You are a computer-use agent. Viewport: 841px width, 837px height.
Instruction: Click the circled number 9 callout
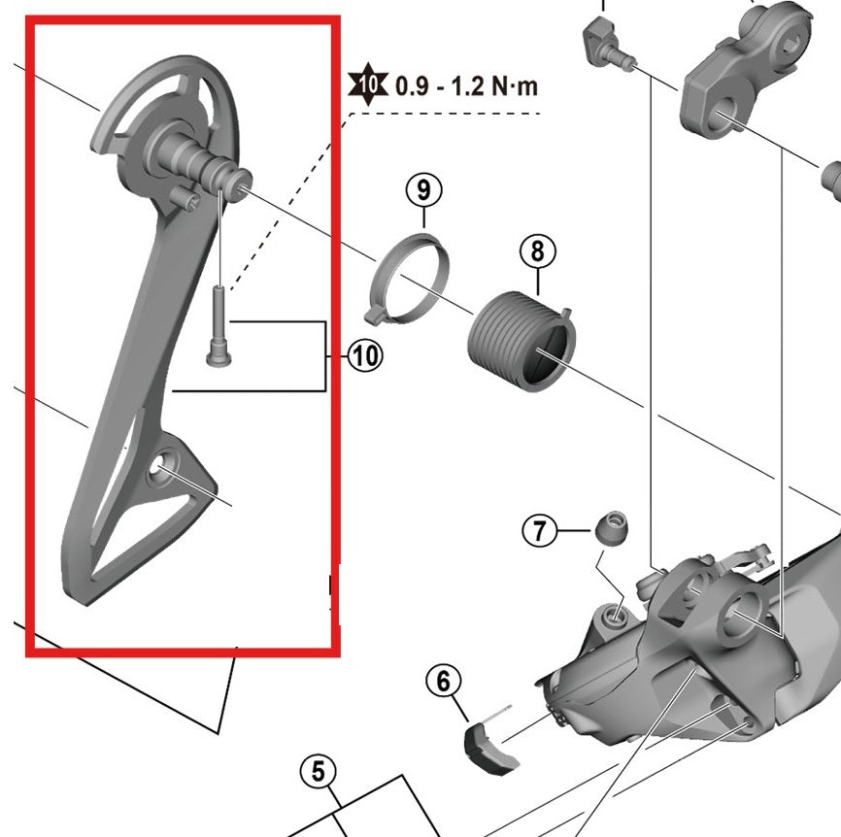point(423,188)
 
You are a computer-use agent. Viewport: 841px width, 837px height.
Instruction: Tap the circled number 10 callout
point(365,356)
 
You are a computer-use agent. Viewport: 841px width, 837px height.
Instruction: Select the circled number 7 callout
point(540,530)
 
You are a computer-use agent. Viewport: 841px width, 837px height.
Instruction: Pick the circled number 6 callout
point(444,682)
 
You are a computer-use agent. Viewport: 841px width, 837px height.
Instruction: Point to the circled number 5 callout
point(318,773)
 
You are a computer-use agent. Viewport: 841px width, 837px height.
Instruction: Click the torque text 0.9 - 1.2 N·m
point(467,85)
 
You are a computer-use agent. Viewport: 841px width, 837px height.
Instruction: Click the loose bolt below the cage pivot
point(219,326)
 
